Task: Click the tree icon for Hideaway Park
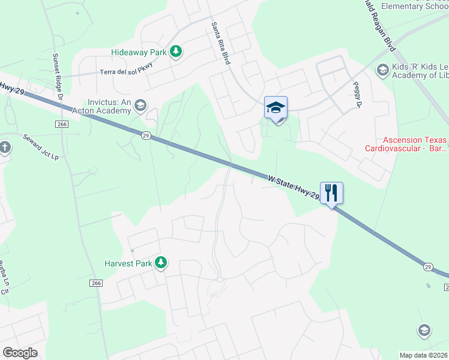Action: (176, 52)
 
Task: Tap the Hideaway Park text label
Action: (139, 52)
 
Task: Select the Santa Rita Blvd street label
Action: (221, 43)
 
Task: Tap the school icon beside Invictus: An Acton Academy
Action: (140, 106)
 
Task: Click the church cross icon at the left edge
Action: (5, 148)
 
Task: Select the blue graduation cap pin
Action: (276, 108)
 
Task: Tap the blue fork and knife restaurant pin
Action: (331, 193)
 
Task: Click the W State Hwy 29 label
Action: (294, 187)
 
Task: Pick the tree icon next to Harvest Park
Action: (160, 262)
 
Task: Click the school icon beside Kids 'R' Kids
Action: (382, 70)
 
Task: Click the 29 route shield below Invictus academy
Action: (146, 136)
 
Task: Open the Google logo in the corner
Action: (20, 353)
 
